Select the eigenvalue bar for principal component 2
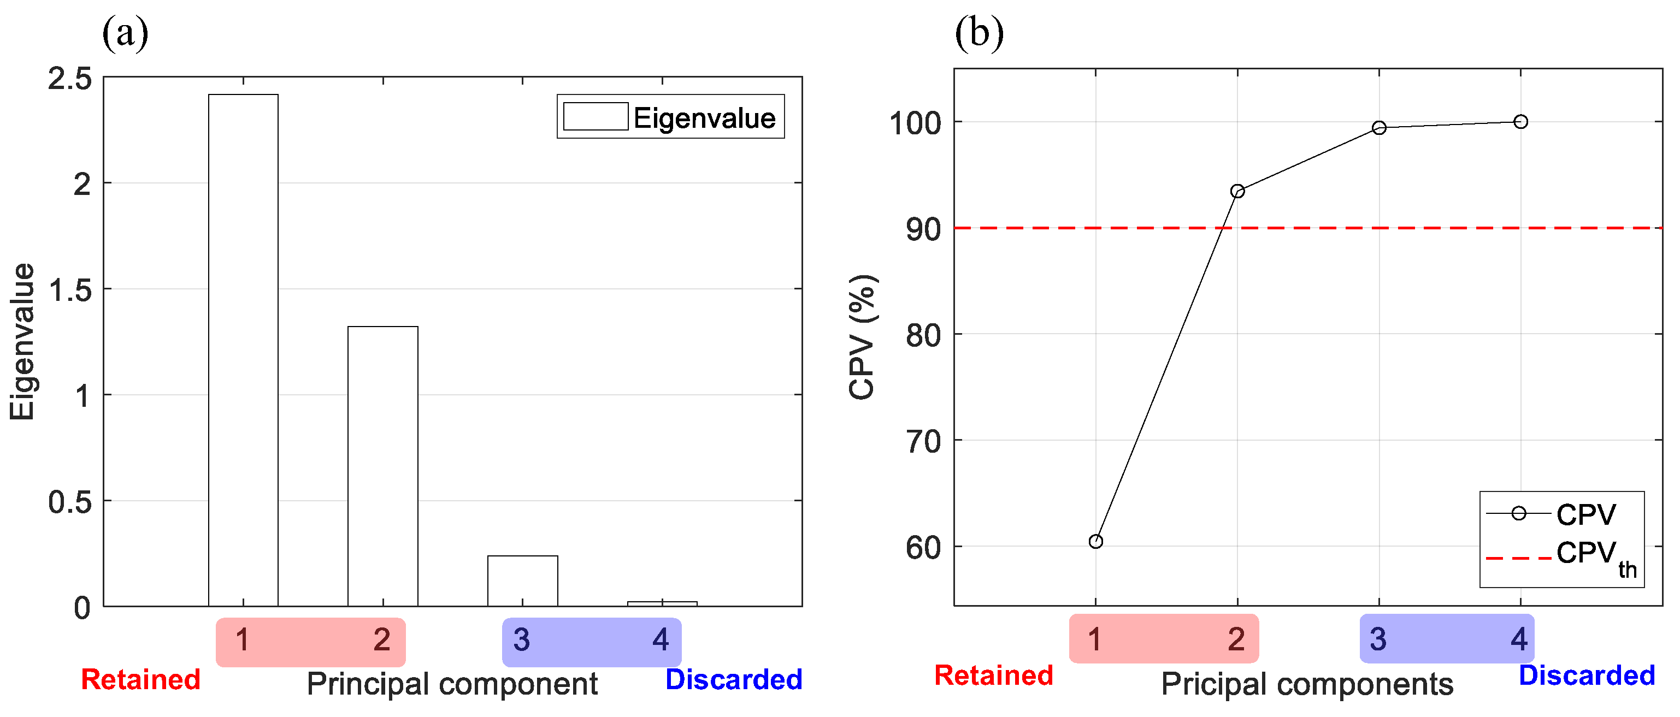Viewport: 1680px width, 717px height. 383,466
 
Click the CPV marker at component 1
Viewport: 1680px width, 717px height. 1095,542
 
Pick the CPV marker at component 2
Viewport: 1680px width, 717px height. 1237,191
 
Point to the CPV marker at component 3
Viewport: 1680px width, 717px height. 1379,128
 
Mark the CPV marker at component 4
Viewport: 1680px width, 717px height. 1520,122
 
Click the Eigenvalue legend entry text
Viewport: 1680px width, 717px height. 704,118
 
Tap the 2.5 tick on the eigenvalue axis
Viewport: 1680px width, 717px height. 70,79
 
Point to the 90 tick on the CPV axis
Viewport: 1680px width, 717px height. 923,229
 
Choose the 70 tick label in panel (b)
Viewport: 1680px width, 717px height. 923,442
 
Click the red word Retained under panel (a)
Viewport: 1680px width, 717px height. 140,679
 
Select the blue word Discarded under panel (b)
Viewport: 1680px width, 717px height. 1587,675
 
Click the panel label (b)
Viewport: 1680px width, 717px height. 979,33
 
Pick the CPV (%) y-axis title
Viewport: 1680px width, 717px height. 862,337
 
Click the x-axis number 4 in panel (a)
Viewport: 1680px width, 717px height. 661,639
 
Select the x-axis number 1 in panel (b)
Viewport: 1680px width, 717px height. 1094,639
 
